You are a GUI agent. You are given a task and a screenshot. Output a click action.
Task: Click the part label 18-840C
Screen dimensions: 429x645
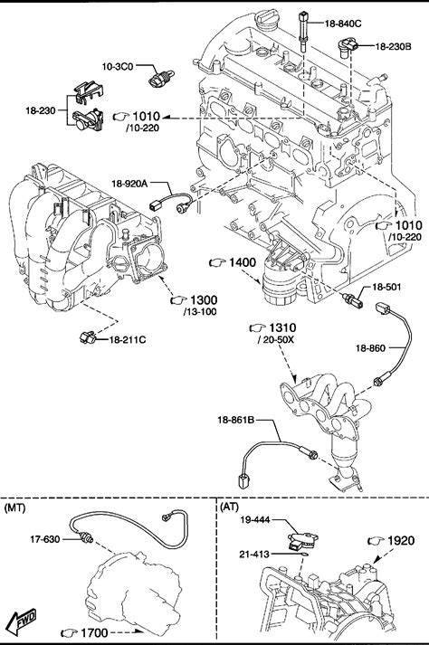(x=343, y=24)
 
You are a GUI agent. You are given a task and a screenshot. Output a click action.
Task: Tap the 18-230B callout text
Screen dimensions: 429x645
(x=393, y=46)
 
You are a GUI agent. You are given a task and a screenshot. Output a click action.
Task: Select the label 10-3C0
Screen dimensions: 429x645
(x=118, y=66)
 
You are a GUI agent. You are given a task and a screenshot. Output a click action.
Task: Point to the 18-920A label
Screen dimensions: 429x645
(x=129, y=184)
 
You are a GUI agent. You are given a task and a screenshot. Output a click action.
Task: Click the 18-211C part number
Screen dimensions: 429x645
(x=128, y=340)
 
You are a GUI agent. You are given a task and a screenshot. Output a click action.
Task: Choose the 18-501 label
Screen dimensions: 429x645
(x=386, y=287)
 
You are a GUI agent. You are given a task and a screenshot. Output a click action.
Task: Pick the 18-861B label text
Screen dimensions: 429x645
(x=236, y=420)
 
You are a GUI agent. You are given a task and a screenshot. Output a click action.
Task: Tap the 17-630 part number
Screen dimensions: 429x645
(x=45, y=539)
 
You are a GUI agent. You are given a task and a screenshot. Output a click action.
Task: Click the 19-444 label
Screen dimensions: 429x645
(x=255, y=520)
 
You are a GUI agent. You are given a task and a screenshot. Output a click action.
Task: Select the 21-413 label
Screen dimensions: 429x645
(x=254, y=555)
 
